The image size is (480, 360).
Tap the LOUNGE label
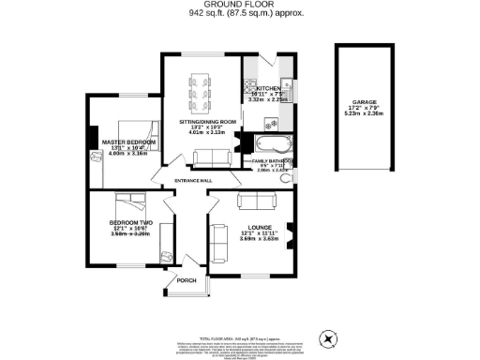tap(260, 227)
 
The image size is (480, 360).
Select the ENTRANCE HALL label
tap(193, 180)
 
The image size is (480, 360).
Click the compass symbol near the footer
tap(328, 338)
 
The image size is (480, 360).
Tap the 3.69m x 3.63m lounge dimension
tap(260, 240)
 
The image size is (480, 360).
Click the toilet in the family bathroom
tap(286, 177)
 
